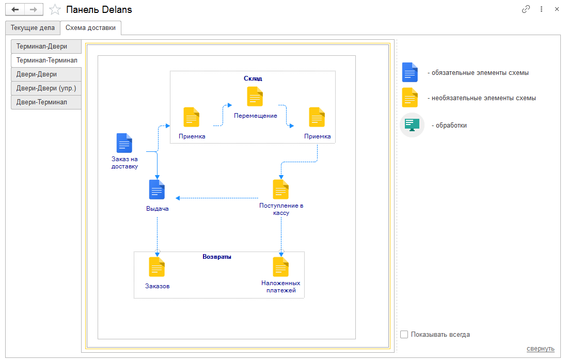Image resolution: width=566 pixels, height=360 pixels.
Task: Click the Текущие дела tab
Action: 33,28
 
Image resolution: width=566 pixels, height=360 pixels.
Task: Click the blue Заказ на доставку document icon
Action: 124,143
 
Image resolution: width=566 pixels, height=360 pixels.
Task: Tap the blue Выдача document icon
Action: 157,190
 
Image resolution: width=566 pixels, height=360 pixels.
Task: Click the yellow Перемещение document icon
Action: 255,97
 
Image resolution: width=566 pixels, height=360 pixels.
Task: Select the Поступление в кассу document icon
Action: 281,190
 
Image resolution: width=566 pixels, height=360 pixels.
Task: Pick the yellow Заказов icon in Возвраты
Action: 157,267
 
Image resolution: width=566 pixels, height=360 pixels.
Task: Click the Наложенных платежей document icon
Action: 281,267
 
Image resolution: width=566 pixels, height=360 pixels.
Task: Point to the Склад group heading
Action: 253,79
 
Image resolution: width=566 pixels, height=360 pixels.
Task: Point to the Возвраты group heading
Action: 217,257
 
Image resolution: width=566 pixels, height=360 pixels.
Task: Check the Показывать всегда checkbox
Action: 404,335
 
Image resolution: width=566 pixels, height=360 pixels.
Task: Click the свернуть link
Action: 540,349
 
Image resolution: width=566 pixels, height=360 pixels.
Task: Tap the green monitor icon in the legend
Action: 412,125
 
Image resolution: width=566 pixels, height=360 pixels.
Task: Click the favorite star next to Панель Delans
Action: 55,10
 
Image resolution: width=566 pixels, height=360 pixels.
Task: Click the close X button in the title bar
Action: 557,9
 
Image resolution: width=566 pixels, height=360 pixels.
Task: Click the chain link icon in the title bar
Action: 526,9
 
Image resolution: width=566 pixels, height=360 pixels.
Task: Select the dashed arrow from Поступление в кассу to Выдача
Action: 217,198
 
